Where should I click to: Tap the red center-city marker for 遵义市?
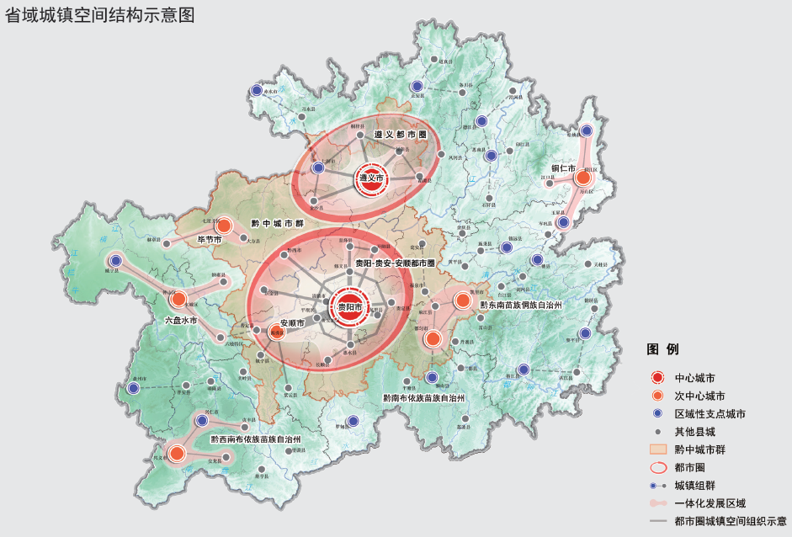pos(370,178)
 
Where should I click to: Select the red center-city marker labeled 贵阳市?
pos(348,308)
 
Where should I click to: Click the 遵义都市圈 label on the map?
pos(401,135)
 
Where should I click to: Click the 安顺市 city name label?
pos(292,323)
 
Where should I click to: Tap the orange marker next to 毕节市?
pos(224,226)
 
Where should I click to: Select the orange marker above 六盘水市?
pos(178,299)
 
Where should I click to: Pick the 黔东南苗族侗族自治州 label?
pos(520,304)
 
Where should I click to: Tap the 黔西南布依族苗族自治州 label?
pos(255,439)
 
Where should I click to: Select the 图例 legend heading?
pos(662,349)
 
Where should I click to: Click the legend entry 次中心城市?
pos(699,396)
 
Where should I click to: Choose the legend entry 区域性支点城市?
pos(710,414)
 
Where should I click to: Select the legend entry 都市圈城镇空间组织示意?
pos(730,522)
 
